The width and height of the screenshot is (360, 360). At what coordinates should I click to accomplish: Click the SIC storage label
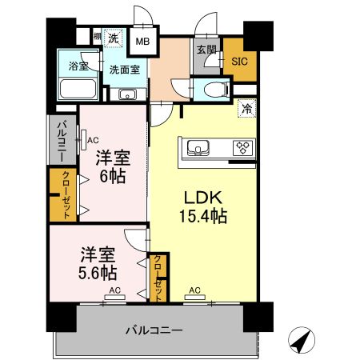pyautogui.click(x=239, y=60)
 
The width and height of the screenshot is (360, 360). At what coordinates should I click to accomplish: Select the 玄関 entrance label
pyautogui.click(x=206, y=50)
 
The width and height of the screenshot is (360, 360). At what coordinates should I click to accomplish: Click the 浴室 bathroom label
pyautogui.click(x=78, y=66)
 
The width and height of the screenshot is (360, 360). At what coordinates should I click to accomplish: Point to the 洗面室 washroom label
pyautogui.click(x=124, y=69)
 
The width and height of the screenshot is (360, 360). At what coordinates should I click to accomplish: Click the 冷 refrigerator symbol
pyautogui.click(x=246, y=106)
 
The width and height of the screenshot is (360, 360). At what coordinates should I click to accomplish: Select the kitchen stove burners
pyautogui.click(x=242, y=146)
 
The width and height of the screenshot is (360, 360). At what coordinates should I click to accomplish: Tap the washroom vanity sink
pyautogui.click(x=128, y=94)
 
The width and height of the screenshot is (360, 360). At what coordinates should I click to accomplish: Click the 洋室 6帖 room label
pyautogui.click(x=111, y=166)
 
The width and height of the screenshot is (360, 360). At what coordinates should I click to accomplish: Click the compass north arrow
pyautogui.click(x=300, y=341)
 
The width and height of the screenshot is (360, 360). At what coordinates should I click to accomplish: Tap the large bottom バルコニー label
pyautogui.click(x=154, y=330)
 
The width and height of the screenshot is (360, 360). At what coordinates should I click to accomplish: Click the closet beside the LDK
pyautogui.click(x=158, y=277)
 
